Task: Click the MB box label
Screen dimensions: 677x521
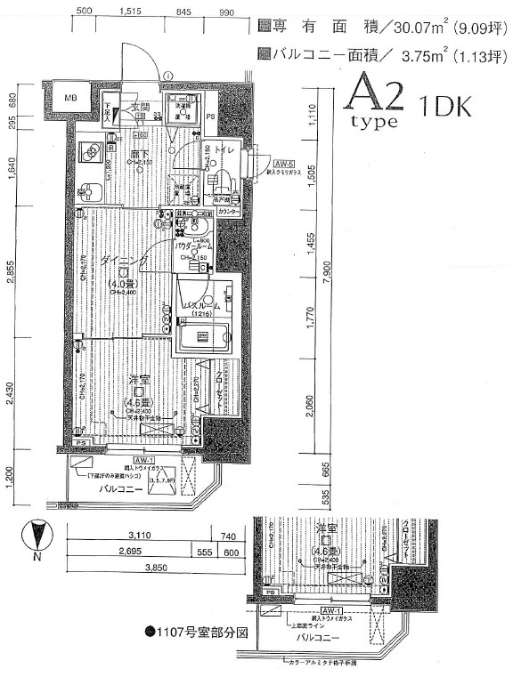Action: click(69, 97)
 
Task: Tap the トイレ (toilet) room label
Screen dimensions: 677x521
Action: click(226, 152)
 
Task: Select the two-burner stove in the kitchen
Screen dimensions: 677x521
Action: click(90, 152)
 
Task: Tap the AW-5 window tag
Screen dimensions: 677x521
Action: click(284, 165)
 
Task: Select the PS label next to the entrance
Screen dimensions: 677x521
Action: click(210, 117)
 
